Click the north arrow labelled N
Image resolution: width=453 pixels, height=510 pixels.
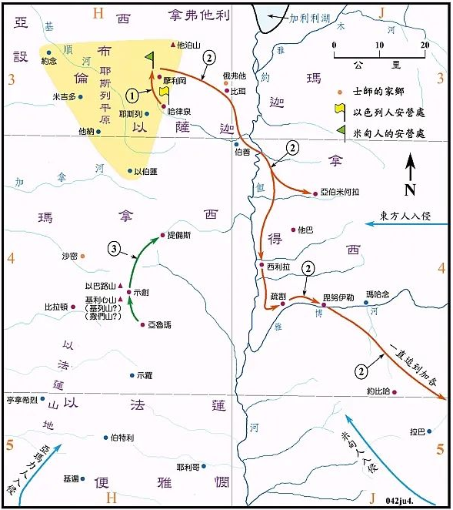pyautogui.click(x=411, y=174)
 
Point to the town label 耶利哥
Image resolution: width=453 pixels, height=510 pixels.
pyautogui.click(x=188, y=466)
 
